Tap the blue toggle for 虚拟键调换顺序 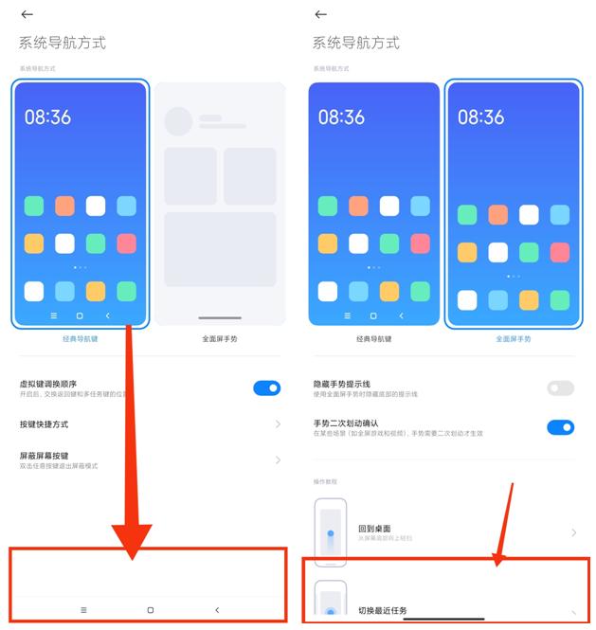(267, 387)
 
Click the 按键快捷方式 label (45, 424)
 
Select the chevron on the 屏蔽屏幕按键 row (278, 459)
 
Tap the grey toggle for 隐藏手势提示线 (560, 387)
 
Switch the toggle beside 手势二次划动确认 (560, 427)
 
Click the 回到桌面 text (374, 529)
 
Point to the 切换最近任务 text (384, 610)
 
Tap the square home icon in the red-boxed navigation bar (150, 610)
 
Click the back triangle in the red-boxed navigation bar (217, 610)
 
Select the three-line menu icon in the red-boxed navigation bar (83, 610)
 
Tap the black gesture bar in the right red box (443, 619)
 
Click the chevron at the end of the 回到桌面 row (573, 532)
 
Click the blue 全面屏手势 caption (513, 338)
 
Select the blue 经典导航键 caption (81, 338)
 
